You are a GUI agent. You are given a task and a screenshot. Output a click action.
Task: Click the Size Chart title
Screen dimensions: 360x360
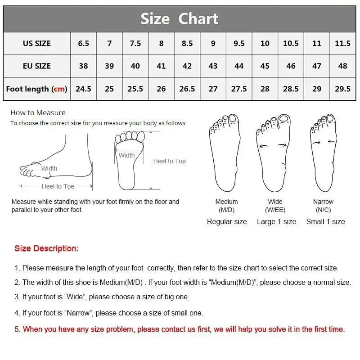[179, 19]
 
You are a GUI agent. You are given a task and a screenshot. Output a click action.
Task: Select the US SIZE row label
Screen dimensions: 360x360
[37, 44]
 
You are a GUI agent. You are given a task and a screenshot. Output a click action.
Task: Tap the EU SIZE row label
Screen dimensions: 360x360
[37, 66]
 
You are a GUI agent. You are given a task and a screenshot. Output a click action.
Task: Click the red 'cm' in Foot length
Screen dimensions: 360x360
[59, 89]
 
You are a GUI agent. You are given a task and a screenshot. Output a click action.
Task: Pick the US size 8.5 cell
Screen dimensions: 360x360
[187, 44]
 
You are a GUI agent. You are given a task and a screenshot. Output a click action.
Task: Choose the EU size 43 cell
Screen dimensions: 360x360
[213, 66]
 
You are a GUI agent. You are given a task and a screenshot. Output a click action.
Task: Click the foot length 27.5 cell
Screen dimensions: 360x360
[239, 89]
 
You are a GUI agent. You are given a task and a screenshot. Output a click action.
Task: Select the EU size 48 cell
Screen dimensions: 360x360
[342, 66]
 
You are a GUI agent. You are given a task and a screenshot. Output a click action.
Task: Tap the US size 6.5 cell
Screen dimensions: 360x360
[83, 44]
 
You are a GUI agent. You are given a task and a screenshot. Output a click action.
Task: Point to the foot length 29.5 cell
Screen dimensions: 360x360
[342, 89]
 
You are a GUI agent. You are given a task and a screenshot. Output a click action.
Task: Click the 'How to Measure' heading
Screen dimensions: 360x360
[38, 113]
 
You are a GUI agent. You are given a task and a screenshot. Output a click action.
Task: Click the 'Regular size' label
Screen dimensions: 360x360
[227, 221]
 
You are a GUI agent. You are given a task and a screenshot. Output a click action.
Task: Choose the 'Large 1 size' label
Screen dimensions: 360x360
[276, 221]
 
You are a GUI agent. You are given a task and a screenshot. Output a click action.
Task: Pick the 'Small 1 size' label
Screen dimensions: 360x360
[325, 221]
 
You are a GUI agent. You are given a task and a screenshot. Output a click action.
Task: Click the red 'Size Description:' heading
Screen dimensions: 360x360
[46, 248]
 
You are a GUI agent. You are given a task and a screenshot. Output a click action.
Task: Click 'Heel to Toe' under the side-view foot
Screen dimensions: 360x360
[58, 186]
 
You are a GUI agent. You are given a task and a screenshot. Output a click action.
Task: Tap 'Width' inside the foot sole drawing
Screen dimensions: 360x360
[126, 155]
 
